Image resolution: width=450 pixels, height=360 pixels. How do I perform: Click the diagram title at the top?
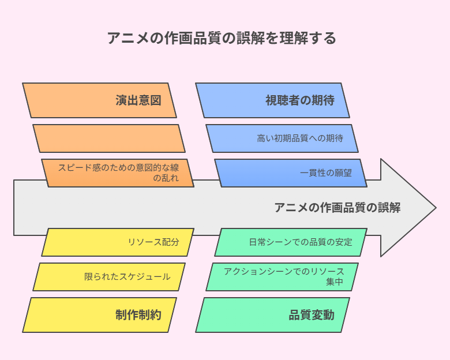[x=222, y=38]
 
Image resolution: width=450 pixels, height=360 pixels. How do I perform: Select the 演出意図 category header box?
[x=99, y=100]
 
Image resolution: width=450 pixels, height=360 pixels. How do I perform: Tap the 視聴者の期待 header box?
[x=273, y=100]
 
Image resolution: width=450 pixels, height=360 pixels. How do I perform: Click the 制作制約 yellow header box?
[x=99, y=315]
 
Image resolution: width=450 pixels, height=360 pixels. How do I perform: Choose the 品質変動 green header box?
[x=273, y=315]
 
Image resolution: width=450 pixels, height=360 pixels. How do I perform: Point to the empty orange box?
[x=109, y=138]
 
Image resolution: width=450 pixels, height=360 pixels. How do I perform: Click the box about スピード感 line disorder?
[x=118, y=173]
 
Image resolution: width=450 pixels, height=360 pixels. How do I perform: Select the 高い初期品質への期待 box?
[x=282, y=138]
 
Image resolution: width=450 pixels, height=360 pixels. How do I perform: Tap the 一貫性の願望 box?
[x=291, y=173]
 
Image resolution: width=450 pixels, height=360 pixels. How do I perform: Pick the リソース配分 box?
[x=118, y=242]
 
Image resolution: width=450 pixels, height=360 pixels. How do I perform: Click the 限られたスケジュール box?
[x=109, y=277]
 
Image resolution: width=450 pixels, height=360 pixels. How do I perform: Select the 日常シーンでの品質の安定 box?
[x=291, y=242]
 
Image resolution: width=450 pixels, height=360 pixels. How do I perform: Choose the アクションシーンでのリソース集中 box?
[x=282, y=277]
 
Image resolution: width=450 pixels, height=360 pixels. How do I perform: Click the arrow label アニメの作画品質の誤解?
[x=337, y=208]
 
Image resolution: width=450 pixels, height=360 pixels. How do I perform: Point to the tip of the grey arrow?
[x=436, y=208]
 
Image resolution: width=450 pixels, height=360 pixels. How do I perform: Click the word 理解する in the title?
[x=307, y=38]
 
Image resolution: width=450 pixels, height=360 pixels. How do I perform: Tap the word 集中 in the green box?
[x=335, y=282]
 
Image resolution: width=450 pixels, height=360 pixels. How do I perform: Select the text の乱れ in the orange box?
[x=166, y=178]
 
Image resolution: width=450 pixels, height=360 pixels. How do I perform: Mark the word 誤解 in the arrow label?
[x=389, y=208]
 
